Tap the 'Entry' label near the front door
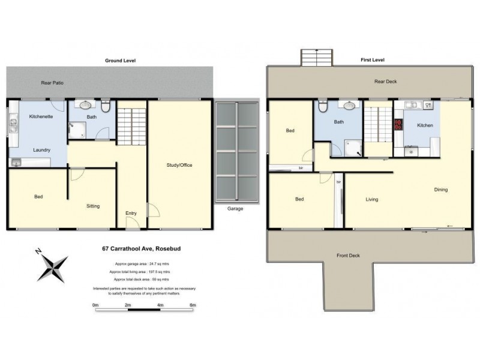pyautogui.click(x=131, y=213)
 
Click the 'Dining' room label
pyautogui.click(x=441, y=190)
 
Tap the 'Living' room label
pyautogui.click(x=372, y=199)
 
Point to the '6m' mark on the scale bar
pyautogui.click(x=193, y=305)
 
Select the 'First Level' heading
pyautogui.click(x=371, y=60)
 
